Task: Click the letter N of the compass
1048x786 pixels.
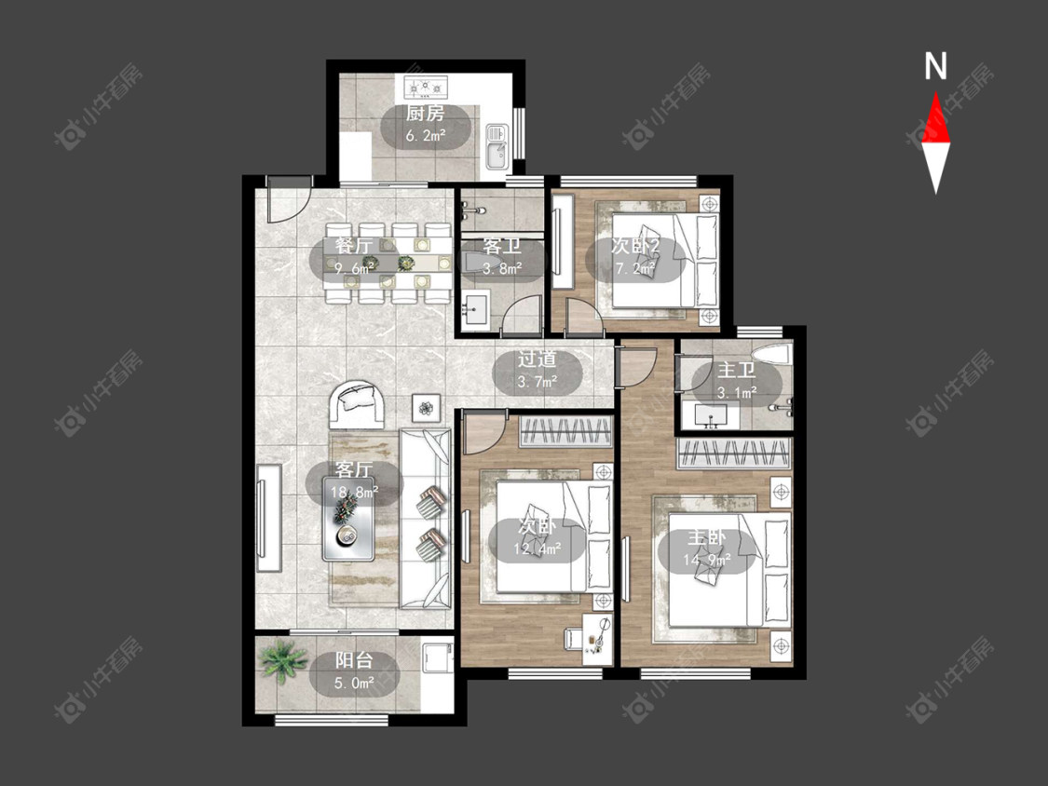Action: pos(935,66)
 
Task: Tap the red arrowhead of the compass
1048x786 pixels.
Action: pos(935,117)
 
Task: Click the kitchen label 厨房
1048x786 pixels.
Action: pos(425,113)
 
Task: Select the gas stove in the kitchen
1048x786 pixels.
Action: pos(426,87)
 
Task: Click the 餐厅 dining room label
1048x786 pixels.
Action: pos(354,245)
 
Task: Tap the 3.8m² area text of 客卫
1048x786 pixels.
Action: pos(502,269)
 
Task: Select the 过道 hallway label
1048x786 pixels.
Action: pos(537,359)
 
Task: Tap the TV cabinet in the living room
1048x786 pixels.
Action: pos(268,518)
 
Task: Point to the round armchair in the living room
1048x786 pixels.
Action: pos(357,403)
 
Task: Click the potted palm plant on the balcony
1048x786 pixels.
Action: pos(282,660)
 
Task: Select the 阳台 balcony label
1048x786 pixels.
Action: pos(354,661)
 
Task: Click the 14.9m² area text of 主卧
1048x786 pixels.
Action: pos(706,560)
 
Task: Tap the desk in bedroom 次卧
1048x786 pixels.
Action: pos(597,639)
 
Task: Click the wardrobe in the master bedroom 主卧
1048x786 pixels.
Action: pos(734,454)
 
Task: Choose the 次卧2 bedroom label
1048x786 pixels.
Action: pos(635,245)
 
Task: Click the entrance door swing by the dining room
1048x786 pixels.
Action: pos(289,199)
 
